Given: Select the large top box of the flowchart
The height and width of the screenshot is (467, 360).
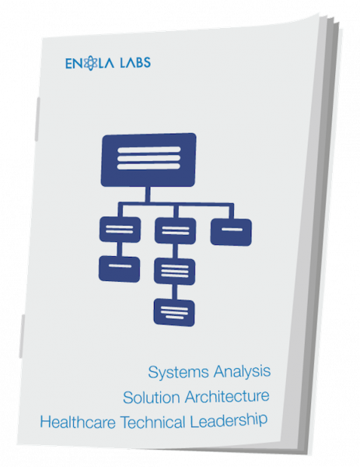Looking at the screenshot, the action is click(x=149, y=160).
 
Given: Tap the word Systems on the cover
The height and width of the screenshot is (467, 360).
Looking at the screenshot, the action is click(x=178, y=372).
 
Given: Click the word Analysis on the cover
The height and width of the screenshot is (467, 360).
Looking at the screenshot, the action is click(x=242, y=371).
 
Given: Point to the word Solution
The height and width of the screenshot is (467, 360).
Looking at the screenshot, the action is click(x=151, y=397).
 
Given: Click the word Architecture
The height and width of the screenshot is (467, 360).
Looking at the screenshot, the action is click(x=227, y=396).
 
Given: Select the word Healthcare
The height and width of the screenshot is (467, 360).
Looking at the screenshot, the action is click(x=78, y=422).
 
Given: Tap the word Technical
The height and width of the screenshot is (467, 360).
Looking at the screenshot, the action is click(x=152, y=422).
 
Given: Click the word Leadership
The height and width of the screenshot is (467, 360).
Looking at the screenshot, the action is click(x=229, y=421).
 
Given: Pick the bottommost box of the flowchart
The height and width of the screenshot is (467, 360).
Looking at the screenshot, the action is click(x=174, y=312).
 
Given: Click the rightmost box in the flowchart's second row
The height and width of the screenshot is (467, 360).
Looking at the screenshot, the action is click(x=231, y=232).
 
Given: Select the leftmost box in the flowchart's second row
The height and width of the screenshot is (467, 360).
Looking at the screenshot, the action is click(x=120, y=230).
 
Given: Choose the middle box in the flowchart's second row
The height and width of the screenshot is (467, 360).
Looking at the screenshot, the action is click(x=175, y=230).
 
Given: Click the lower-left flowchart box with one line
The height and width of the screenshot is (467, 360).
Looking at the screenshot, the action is click(x=119, y=269).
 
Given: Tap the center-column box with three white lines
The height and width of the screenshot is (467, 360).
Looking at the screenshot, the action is click(x=175, y=272).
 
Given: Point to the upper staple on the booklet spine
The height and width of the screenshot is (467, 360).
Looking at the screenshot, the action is click(x=37, y=119).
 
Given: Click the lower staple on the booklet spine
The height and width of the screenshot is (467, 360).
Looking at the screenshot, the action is click(x=22, y=336).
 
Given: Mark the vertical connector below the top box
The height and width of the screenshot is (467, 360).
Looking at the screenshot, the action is click(x=148, y=195).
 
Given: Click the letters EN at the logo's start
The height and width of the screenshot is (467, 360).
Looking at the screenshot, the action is click(x=74, y=64).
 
